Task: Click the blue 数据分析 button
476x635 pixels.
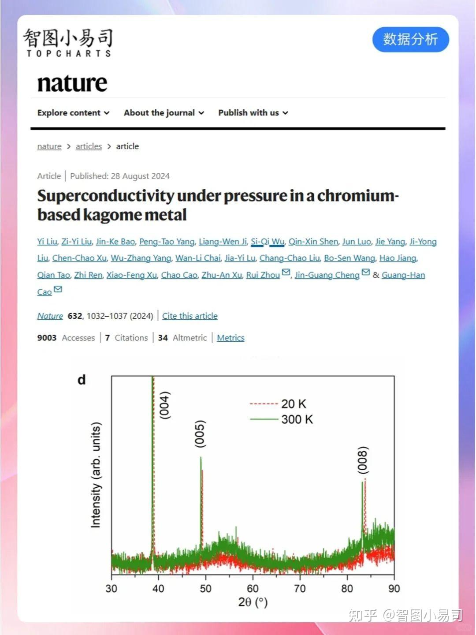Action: click(410, 39)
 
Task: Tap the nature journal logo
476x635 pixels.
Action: click(72, 83)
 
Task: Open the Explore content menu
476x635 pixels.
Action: click(73, 113)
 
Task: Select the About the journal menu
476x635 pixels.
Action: click(164, 113)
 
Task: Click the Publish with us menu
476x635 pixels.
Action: click(253, 113)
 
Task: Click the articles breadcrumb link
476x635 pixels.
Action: click(89, 146)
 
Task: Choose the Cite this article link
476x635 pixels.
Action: click(190, 316)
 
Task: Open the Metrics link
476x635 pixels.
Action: click(231, 338)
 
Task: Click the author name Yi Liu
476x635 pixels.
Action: click(47, 242)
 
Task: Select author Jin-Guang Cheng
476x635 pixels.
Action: click(327, 275)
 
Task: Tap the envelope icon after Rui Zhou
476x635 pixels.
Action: click(286, 273)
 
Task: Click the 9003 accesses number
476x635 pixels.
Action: click(47, 338)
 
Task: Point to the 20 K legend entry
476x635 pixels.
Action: click(294, 404)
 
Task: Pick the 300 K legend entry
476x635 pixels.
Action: click(297, 419)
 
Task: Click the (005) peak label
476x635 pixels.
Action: click(201, 434)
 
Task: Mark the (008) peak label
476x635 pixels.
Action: click(363, 460)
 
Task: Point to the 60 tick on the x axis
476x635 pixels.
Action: click(253, 589)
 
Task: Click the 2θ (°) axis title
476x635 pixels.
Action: click(253, 602)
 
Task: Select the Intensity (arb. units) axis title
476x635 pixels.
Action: click(96, 475)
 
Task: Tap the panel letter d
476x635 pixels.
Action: click(82, 380)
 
